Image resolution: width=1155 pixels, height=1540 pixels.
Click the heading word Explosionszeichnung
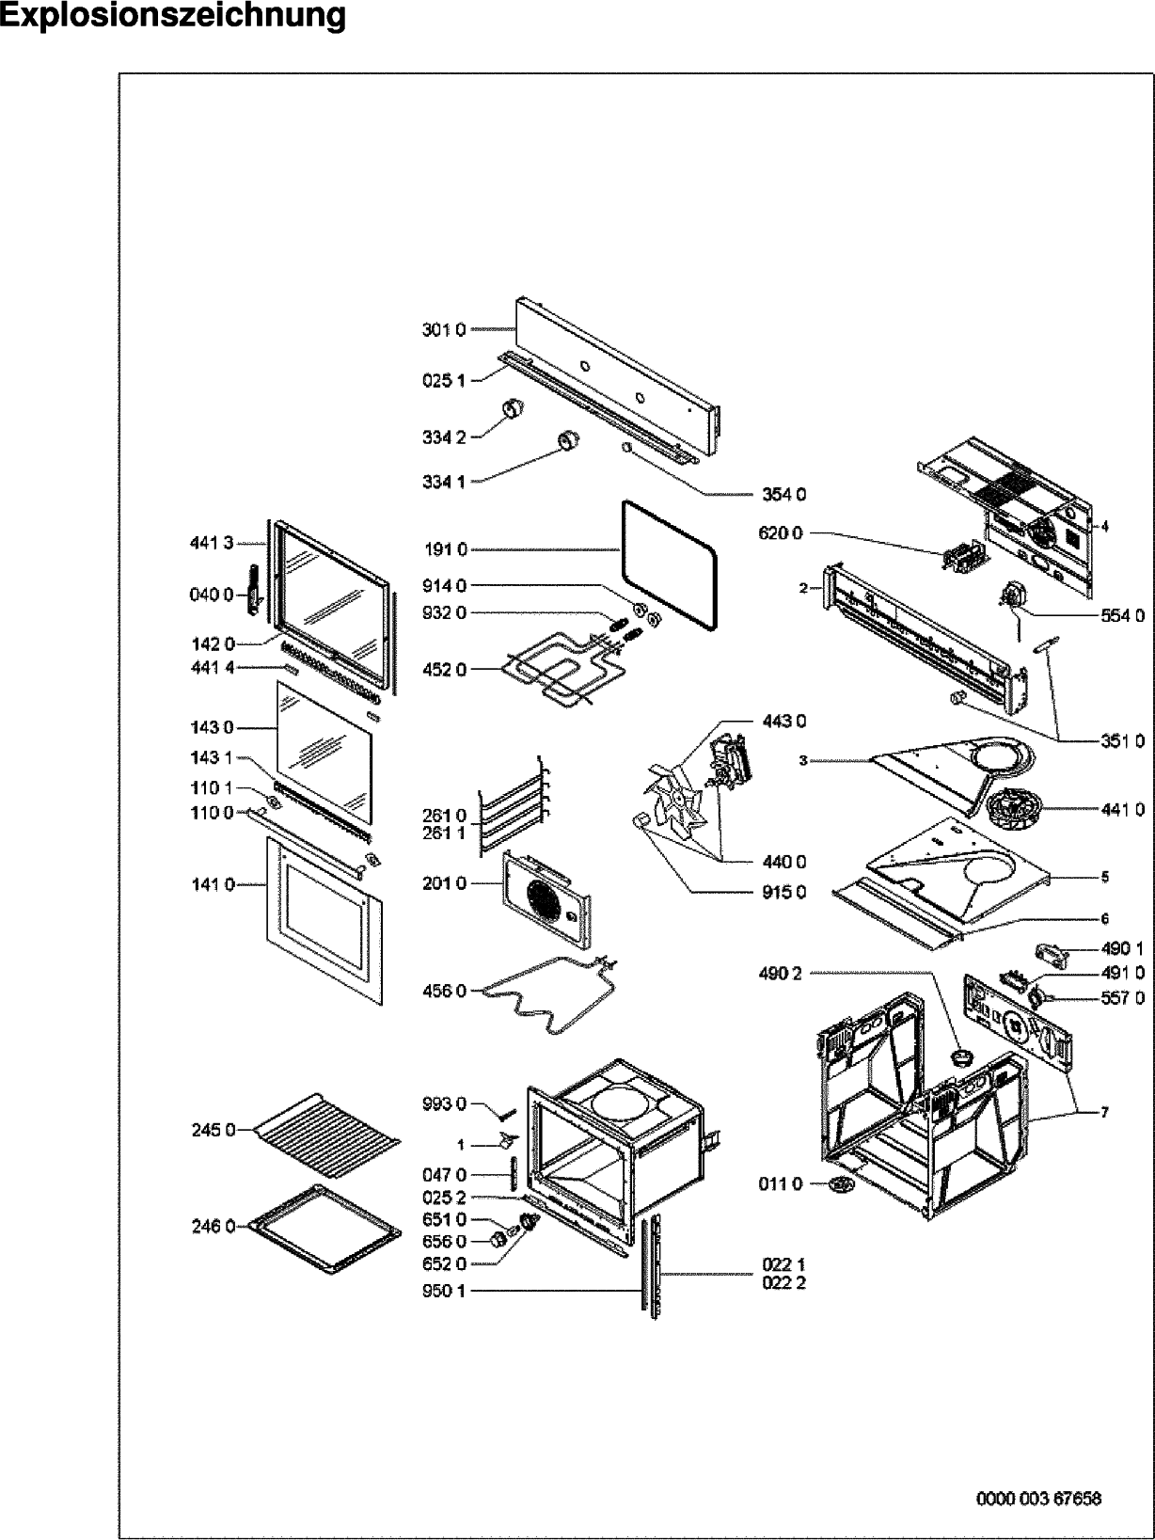point(173,16)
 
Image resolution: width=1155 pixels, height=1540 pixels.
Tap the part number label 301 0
point(443,330)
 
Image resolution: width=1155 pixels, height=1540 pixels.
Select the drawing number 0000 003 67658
point(1038,1498)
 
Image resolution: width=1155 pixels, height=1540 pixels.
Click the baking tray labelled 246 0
point(325,1231)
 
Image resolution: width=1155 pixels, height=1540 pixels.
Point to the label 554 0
point(1122,615)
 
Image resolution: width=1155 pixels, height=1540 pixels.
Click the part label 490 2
point(780,974)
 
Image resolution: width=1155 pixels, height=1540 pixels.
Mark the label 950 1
point(444,1291)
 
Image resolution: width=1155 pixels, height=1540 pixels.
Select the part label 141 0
point(213,884)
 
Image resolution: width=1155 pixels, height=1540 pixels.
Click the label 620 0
point(781,532)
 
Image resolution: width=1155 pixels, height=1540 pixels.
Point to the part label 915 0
point(784,892)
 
